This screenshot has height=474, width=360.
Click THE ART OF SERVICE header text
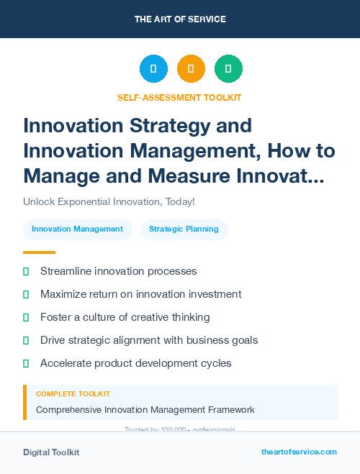click(180, 19)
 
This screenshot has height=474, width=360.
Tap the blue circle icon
click(153, 69)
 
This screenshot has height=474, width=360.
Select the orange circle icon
click(191, 69)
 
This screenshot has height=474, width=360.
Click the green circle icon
click(228, 69)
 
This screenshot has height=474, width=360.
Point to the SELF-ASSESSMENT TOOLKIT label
click(179, 97)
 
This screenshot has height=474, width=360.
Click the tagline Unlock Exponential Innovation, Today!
click(109, 202)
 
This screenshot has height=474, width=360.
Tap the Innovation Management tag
click(77, 229)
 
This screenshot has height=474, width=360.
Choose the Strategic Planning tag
click(184, 229)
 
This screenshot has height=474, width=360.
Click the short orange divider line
click(39, 252)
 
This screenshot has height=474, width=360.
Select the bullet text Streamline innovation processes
click(118, 271)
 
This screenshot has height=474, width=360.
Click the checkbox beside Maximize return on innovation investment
click(26, 294)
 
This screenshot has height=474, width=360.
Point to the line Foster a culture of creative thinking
click(125, 317)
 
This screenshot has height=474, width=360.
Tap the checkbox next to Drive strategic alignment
click(26, 340)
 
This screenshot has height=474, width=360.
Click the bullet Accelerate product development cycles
click(135, 363)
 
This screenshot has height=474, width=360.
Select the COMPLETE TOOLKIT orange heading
click(73, 394)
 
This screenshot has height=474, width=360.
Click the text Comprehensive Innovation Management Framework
click(145, 410)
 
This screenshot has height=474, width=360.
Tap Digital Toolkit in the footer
click(51, 452)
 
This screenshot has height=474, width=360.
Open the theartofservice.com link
click(299, 452)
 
